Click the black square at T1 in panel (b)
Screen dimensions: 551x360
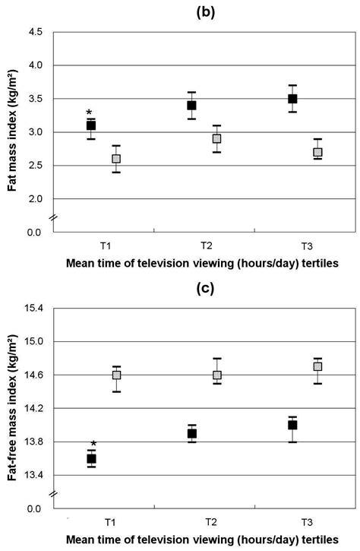90,125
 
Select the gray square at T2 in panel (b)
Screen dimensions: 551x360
217,139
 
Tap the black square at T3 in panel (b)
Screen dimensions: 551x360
292,99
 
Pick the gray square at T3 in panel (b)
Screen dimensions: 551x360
317,152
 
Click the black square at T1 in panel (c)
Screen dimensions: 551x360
91,458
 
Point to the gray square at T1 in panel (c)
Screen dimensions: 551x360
117,375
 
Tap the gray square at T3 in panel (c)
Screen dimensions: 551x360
317,367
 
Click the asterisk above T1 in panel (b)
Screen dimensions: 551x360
90,112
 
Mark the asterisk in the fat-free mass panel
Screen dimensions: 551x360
93,445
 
